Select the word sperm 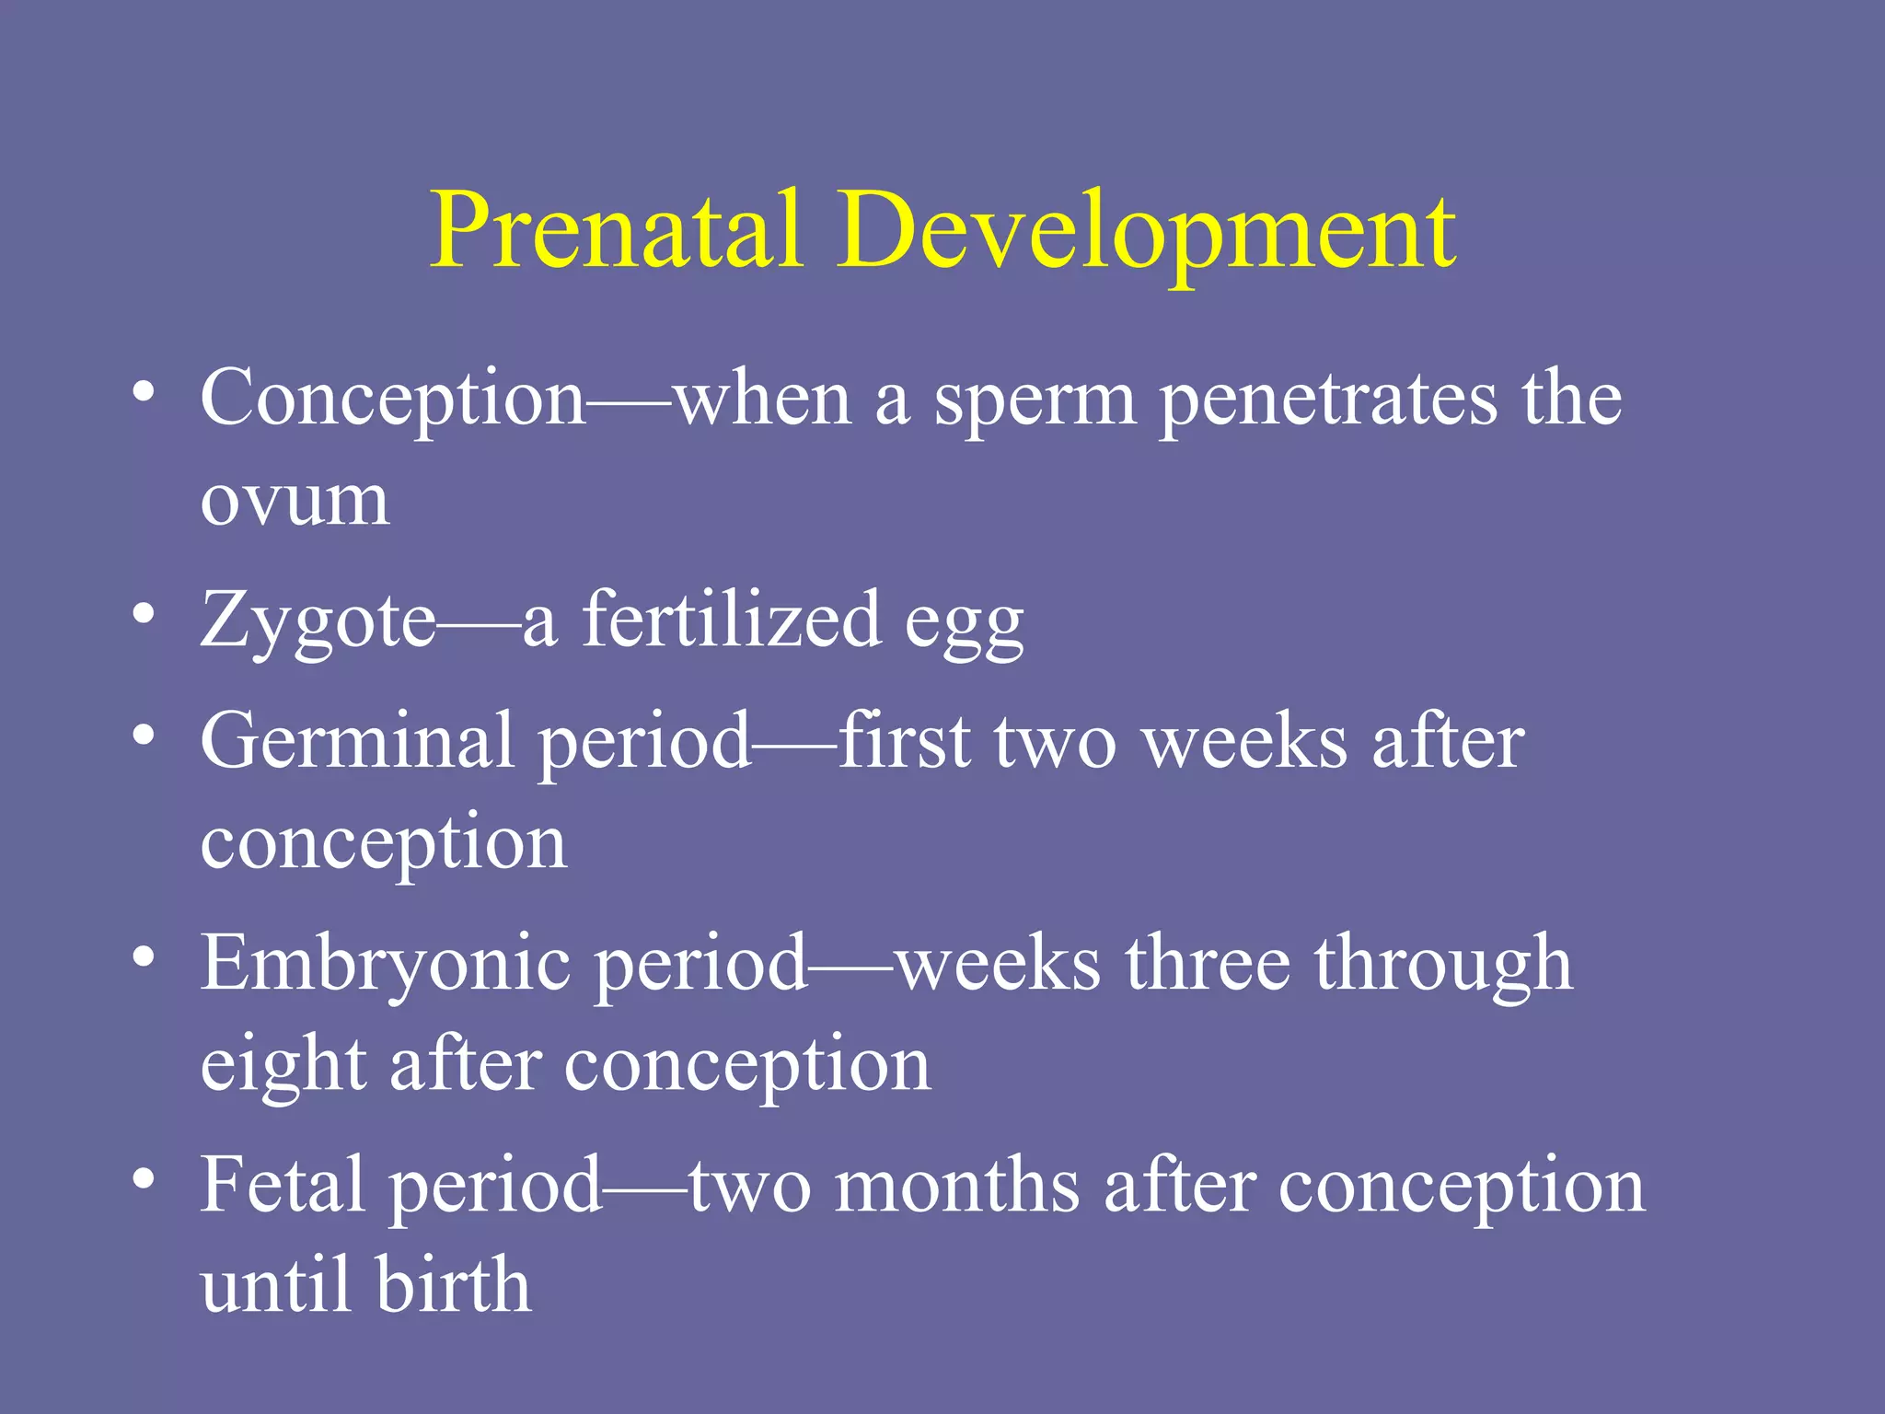coord(1035,401)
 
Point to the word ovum coord(295,502)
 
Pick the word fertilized coord(732,620)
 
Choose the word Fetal coord(282,1185)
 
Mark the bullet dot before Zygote coord(143,613)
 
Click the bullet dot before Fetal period coord(143,1179)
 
